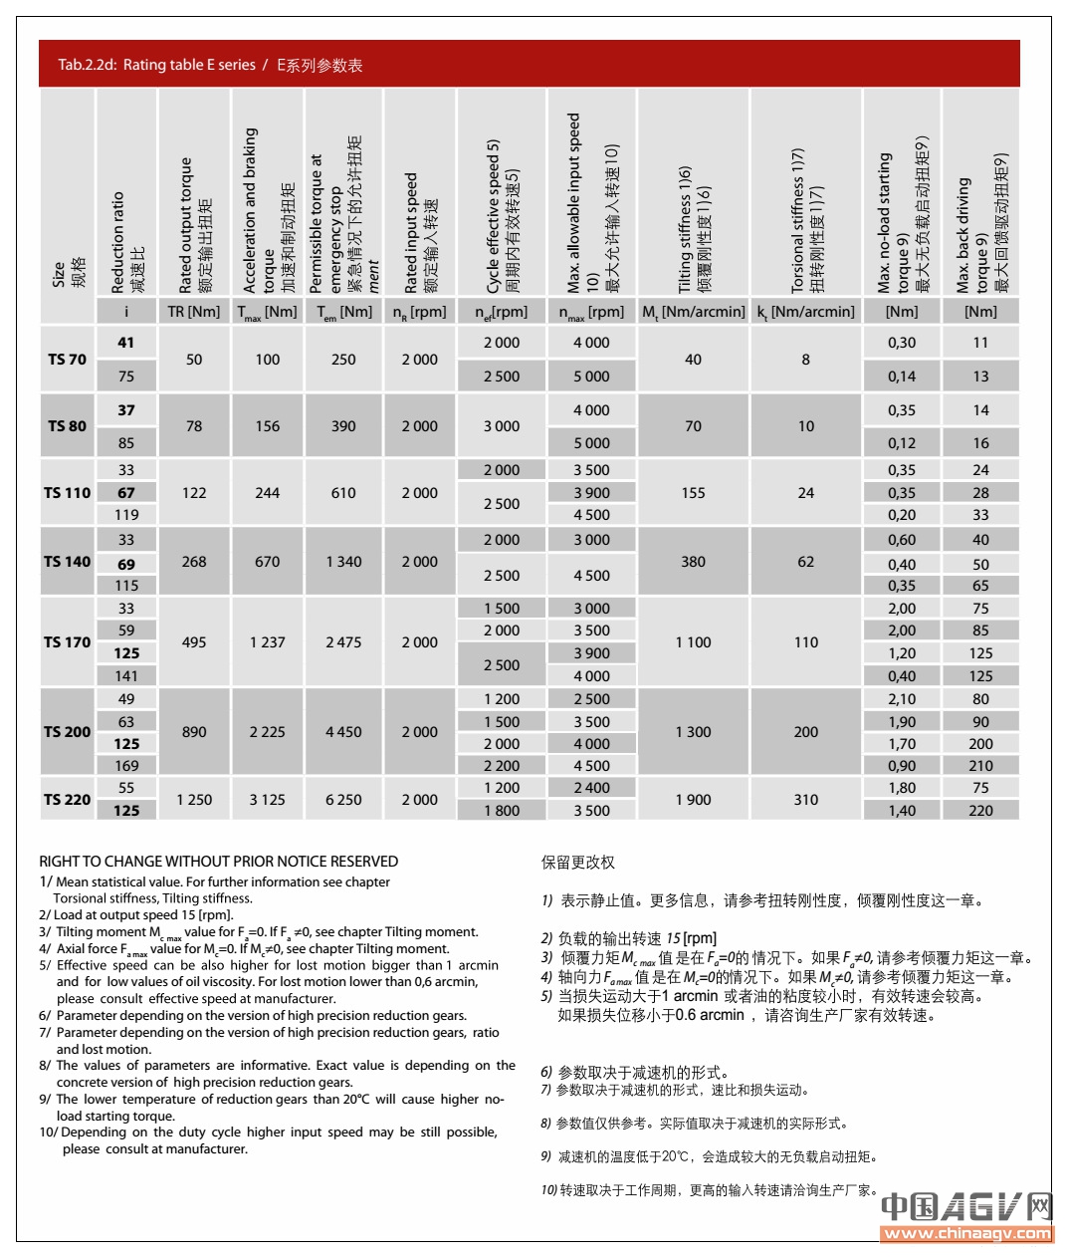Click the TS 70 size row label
tap(67, 360)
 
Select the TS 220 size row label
tap(67, 799)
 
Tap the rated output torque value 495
tap(194, 642)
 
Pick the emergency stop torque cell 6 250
tap(343, 799)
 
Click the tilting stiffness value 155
tap(693, 492)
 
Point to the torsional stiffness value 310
tap(805, 799)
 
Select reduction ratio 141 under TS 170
tap(126, 676)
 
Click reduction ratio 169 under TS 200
tap(126, 766)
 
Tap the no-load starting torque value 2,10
tap(901, 699)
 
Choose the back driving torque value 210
tap(980, 766)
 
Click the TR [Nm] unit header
tap(194, 312)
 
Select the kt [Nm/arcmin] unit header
tap(805, 312)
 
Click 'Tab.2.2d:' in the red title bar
tap(88, 65)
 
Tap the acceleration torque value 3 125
tap(267, 799)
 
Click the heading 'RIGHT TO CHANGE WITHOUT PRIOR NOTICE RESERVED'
tap(219, 862)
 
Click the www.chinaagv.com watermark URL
tap(966, 1234)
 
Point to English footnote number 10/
tap(48, 1132)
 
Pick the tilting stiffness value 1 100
tap(693, 642)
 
